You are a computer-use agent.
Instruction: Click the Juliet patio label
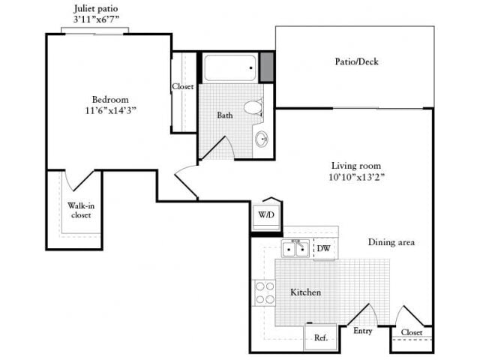[95, 8]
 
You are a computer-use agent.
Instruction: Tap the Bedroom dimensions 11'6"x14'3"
[111, 109]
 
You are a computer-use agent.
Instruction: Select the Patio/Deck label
[356, 61]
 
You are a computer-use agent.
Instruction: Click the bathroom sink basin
[261, 139]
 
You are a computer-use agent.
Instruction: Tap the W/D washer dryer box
[266, 215]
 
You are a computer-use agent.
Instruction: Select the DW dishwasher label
[324, 248]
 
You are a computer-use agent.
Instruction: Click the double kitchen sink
[295, 248]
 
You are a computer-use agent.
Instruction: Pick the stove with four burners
[265, 292]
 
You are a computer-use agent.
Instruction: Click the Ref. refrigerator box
[320, 337]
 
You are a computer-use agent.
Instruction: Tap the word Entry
[363, 331]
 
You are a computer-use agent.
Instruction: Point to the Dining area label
[391, 242]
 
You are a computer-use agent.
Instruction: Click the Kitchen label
[305, 292]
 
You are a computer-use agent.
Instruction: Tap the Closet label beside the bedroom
[183, 86]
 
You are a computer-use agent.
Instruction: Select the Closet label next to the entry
[412, 332]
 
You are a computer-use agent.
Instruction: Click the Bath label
[225, 115]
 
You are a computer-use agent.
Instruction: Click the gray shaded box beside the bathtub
[266, 67]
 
